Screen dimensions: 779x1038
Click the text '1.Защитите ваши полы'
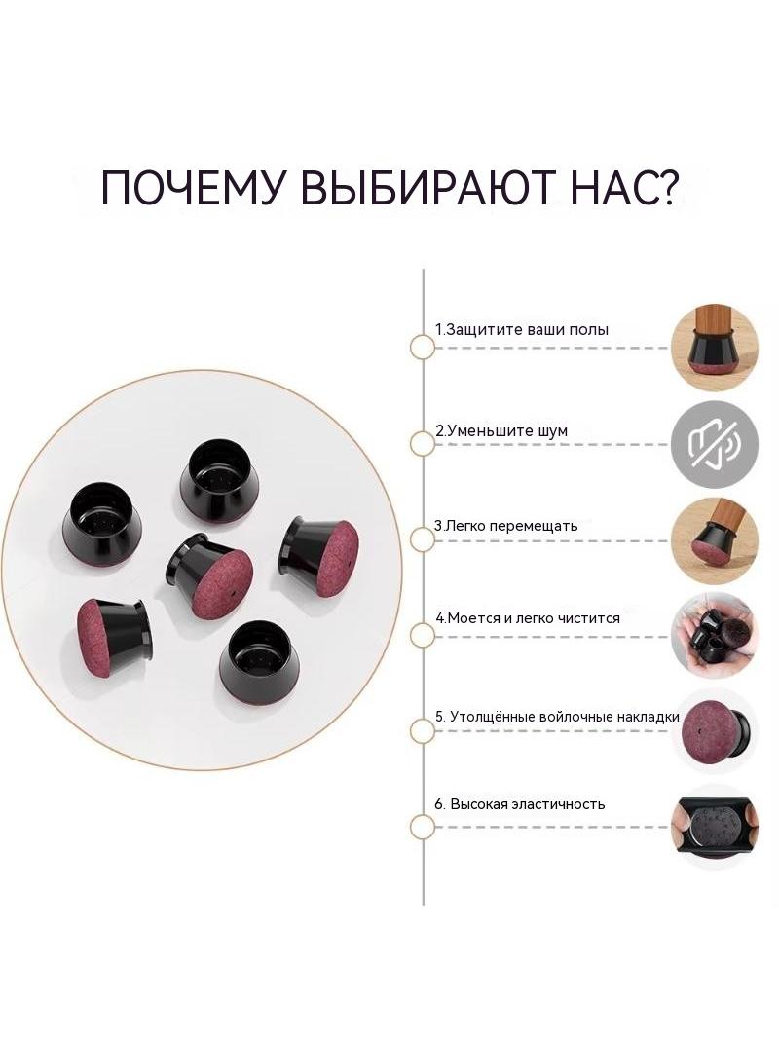coord(522,329)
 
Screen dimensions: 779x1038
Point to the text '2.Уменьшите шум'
coord(501,431)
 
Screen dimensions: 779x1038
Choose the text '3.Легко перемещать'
coord(505,526)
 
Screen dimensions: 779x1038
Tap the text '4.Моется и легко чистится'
coord(528,618)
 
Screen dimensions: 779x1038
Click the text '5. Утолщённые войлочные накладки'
coord(557,717)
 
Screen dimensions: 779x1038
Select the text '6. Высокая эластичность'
coord(520,804)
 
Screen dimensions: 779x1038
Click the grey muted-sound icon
coord(715,444)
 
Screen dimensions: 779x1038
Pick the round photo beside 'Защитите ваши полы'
coord(715,348)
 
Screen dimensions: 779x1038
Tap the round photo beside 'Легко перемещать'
coord(715,540)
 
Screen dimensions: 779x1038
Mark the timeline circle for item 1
coord(423,348)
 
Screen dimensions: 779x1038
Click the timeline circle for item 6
coord(423,828)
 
